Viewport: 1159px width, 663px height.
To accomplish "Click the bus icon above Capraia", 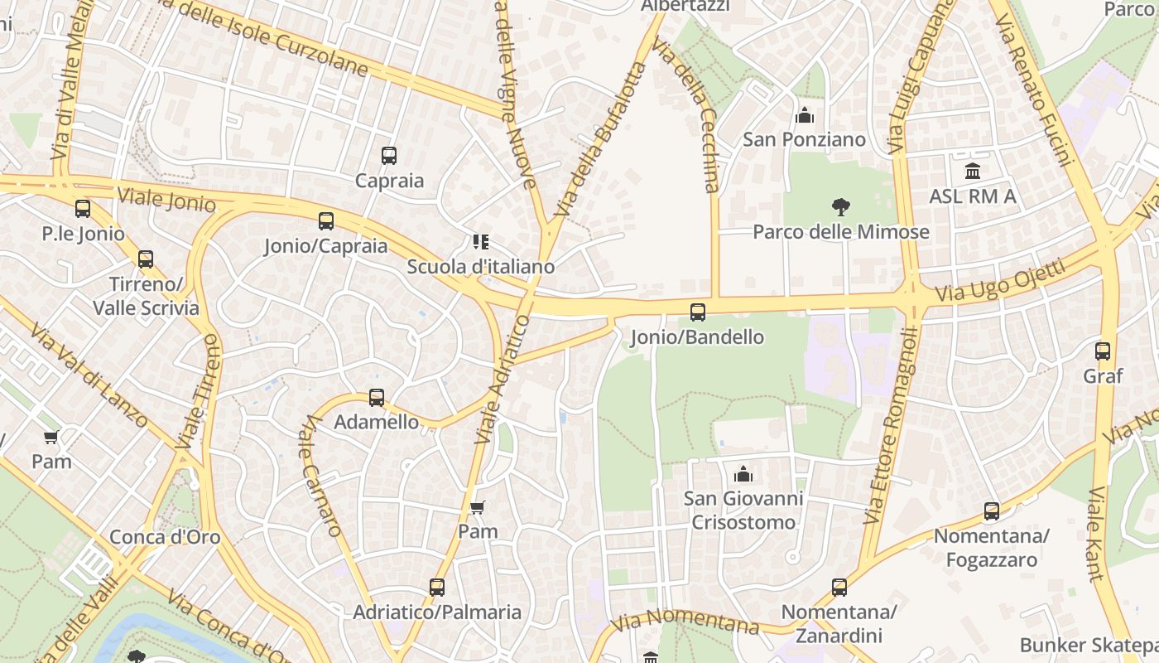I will click(x=389, y=155).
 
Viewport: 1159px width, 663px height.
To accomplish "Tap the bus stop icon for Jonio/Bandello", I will click(x=698, y=312).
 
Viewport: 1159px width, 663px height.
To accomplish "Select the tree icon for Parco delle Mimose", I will click(x=841, y=206).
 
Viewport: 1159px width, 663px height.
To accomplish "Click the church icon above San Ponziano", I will click(x=804, y=115).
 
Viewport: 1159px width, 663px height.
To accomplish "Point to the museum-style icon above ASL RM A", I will click(x=973, y=172).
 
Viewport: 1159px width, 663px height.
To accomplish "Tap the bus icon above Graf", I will click(x=1103, y=351).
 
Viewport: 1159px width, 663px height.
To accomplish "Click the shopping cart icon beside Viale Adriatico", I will click(x=477, y=507).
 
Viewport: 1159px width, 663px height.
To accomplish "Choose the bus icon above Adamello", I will click(x=377, y=398).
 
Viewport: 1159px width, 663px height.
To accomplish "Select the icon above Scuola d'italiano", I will click(x=480, y=242).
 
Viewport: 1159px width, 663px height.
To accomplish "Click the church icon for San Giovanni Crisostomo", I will click(x=743, y=473).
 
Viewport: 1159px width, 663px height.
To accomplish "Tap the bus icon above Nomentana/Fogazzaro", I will click(x=992, y=511).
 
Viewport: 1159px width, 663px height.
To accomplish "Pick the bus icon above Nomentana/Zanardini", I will click(x=839, y=588).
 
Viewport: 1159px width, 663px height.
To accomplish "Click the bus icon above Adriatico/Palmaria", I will click(x=437, y=588).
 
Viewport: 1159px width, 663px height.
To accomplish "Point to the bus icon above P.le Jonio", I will click(x=83, y=209).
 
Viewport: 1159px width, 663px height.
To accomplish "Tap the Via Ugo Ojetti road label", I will click(x=1000, y=282).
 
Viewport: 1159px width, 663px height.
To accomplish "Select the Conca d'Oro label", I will click(x=166, y=537).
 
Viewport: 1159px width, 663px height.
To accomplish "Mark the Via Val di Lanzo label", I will click(x=89, y=375).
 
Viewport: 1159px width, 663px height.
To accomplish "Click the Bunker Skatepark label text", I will click(x=1089, y=645).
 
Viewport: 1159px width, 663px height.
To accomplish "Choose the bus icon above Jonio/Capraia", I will click(x=326, y=221).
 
